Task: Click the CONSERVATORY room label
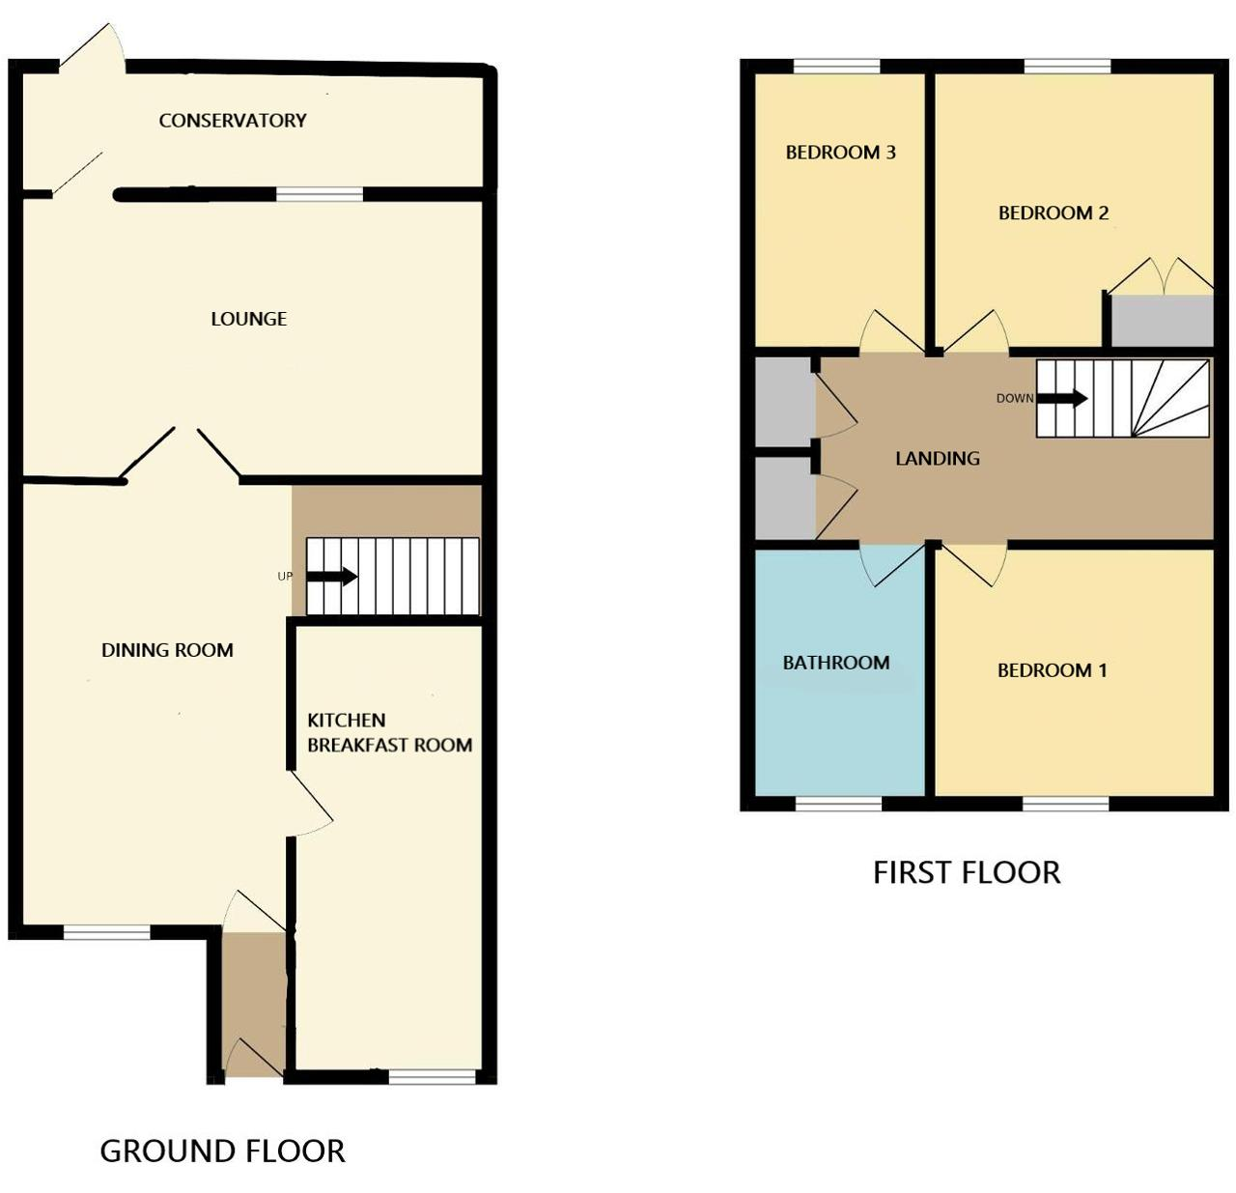(233, 120)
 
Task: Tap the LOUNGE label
(248, 318)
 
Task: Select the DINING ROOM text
(167, 650)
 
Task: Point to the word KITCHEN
(346, 720)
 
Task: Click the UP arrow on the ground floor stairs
(331, 576)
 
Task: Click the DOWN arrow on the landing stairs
(1062, 398)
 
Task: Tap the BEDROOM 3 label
(840, 153)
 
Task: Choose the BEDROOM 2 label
(1053, 213)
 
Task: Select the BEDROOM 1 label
(1052, 670)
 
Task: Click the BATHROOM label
(836, 663)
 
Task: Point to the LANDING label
(938, 458)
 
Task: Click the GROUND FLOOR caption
(222, 1151)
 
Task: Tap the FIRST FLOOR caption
(967, 872)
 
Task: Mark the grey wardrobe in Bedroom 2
(1162, 321)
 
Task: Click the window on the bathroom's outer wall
(838, 804)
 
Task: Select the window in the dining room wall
(107, 932)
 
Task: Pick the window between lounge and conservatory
(320, 194)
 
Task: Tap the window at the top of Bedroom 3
(836, 66)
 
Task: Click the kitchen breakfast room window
(432, 1076)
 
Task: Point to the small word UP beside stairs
(285, 576)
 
